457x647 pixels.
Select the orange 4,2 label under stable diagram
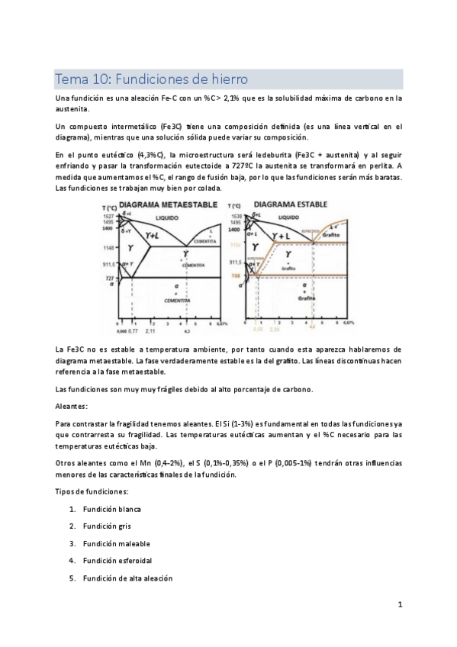312,327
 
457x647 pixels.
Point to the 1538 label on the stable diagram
235,217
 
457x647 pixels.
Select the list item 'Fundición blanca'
112,509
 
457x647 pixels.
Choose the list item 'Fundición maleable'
116,544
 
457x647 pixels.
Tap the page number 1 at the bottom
399,604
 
